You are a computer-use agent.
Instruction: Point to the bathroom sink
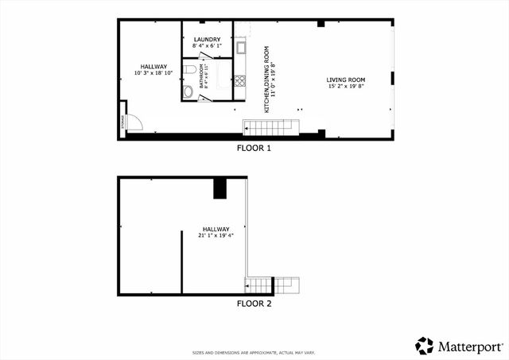188,92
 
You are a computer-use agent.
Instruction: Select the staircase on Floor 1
270,127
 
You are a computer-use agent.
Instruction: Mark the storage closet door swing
134,122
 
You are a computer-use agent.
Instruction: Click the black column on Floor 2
220,188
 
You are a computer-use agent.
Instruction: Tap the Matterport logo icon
425,346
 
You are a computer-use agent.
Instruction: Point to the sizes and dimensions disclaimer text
254,352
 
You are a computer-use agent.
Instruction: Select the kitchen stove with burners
240,79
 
